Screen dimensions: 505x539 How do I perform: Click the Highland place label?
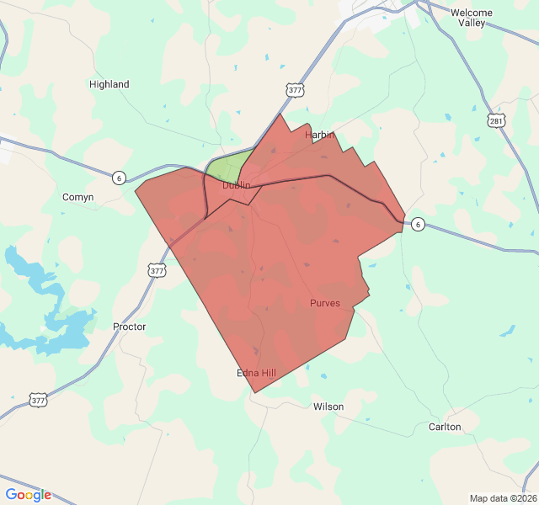[x=109, y=84]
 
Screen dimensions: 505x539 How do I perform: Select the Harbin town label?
[x=320, y=135]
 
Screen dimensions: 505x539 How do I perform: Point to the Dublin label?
[x=237, y=185]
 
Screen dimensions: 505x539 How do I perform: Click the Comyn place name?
[x=78, y=197]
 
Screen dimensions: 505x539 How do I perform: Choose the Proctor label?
[x=129, y=327]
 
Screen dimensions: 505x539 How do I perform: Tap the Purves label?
[x=325, y=303]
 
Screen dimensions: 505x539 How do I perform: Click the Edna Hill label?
[x=257, y=373]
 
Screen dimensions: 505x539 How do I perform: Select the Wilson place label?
[x=328, y=407]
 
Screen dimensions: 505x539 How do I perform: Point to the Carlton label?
[x=445, y=427]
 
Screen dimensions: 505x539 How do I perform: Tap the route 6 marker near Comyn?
[x=119, y=178]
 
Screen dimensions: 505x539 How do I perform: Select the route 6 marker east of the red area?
[x=418, y=224]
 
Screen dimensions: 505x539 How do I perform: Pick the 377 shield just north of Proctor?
[x=157, y=270]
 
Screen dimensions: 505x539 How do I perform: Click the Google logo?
[x=29, y=495]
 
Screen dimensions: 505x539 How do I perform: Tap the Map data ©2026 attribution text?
[x=502, y=498]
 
